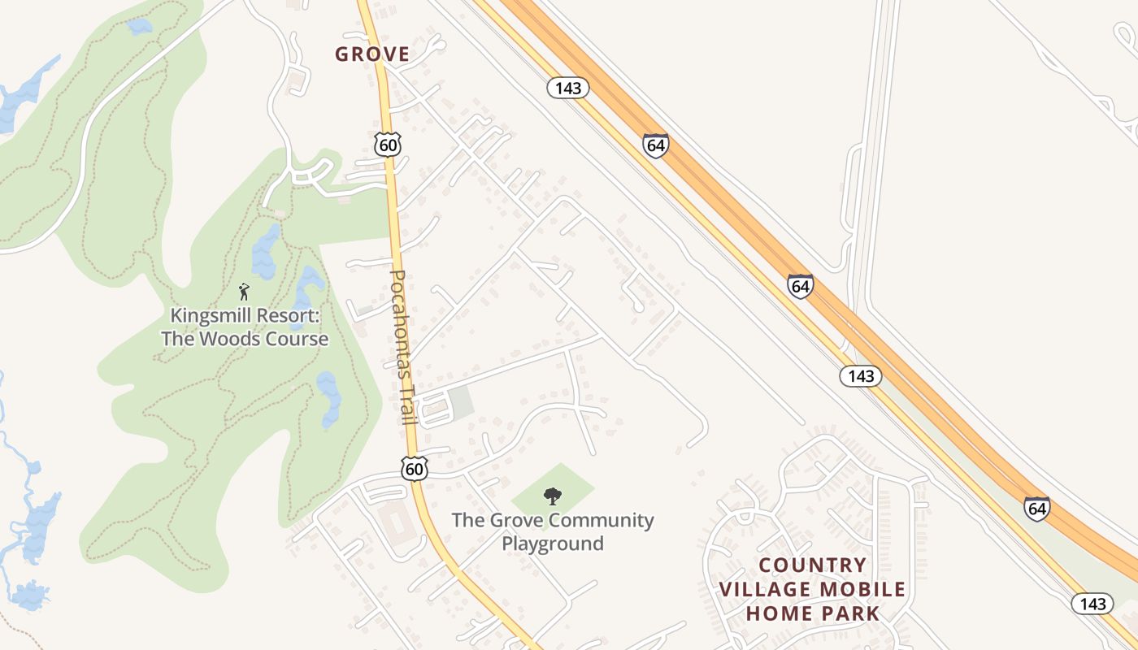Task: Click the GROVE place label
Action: click(x=372, y=54)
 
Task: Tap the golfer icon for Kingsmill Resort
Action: click(x=244, y=291)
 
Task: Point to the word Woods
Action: click(x=218, y=338)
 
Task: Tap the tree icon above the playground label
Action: click(x=553, y=496)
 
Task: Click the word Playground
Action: click(x=553, y=543)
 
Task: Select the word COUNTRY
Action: click(x=813, y=565)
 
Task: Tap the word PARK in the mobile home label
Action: click(x=850, y=613)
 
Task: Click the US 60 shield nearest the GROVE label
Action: click(x=389, y=145)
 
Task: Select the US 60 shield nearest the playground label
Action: click(x=414, y=468)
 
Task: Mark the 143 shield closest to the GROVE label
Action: click(x=567, y=88)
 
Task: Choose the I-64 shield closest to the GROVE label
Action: click(x=655, y=146)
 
